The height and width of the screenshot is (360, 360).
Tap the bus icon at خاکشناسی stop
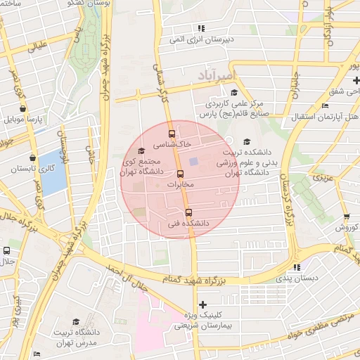172,132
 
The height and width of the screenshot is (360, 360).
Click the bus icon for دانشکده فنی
188,212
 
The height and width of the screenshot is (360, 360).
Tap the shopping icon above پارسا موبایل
25,108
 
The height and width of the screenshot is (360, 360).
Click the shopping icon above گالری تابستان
32,157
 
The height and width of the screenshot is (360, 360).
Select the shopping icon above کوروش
346,217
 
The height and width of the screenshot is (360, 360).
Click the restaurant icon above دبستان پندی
296,266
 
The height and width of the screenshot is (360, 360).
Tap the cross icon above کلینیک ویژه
203,304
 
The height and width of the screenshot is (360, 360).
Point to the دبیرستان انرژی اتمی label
204,39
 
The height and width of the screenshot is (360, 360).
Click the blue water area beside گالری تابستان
51,171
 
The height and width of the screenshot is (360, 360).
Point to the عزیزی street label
323,177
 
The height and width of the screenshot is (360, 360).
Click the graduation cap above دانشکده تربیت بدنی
246,141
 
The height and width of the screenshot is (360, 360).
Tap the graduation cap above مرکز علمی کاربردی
233,92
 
